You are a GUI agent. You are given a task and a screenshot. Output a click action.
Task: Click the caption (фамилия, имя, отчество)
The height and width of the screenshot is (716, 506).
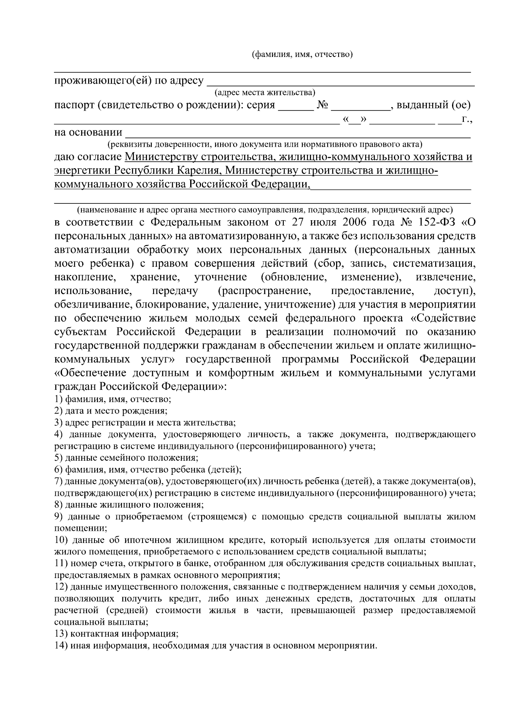[x=302, y=55]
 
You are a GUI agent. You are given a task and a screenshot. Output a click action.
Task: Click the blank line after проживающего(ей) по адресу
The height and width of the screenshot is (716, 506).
[x=342, y=82]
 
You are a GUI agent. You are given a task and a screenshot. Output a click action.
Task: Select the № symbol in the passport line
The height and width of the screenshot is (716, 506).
[x=323, y=105]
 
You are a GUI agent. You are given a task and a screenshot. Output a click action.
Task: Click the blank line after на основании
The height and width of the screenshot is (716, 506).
[x=297, y=134]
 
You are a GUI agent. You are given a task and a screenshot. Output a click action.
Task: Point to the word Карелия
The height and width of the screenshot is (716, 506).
[x=198, y=170]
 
